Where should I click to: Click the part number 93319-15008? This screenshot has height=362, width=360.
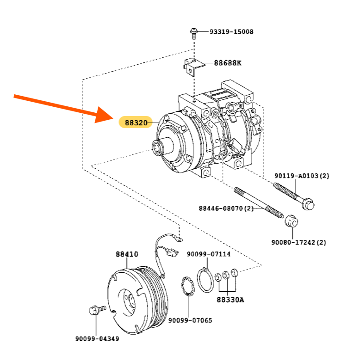point(231,32)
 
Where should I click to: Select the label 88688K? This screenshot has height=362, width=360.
point(227,63)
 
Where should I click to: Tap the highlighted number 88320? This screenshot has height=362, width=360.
point(136,123)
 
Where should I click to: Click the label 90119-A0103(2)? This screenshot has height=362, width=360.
point(301,176)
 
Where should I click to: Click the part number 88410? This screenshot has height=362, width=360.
point(127,254)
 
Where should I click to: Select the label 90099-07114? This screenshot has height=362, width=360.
point(208,254)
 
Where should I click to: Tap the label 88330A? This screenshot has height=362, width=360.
point(230,300)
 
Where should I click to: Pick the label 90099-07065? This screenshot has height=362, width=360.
point(190,320)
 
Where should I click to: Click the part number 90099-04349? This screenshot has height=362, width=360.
point(97,339)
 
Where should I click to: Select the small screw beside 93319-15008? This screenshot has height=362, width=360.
point(194,33)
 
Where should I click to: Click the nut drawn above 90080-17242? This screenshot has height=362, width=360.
point(291,221)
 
